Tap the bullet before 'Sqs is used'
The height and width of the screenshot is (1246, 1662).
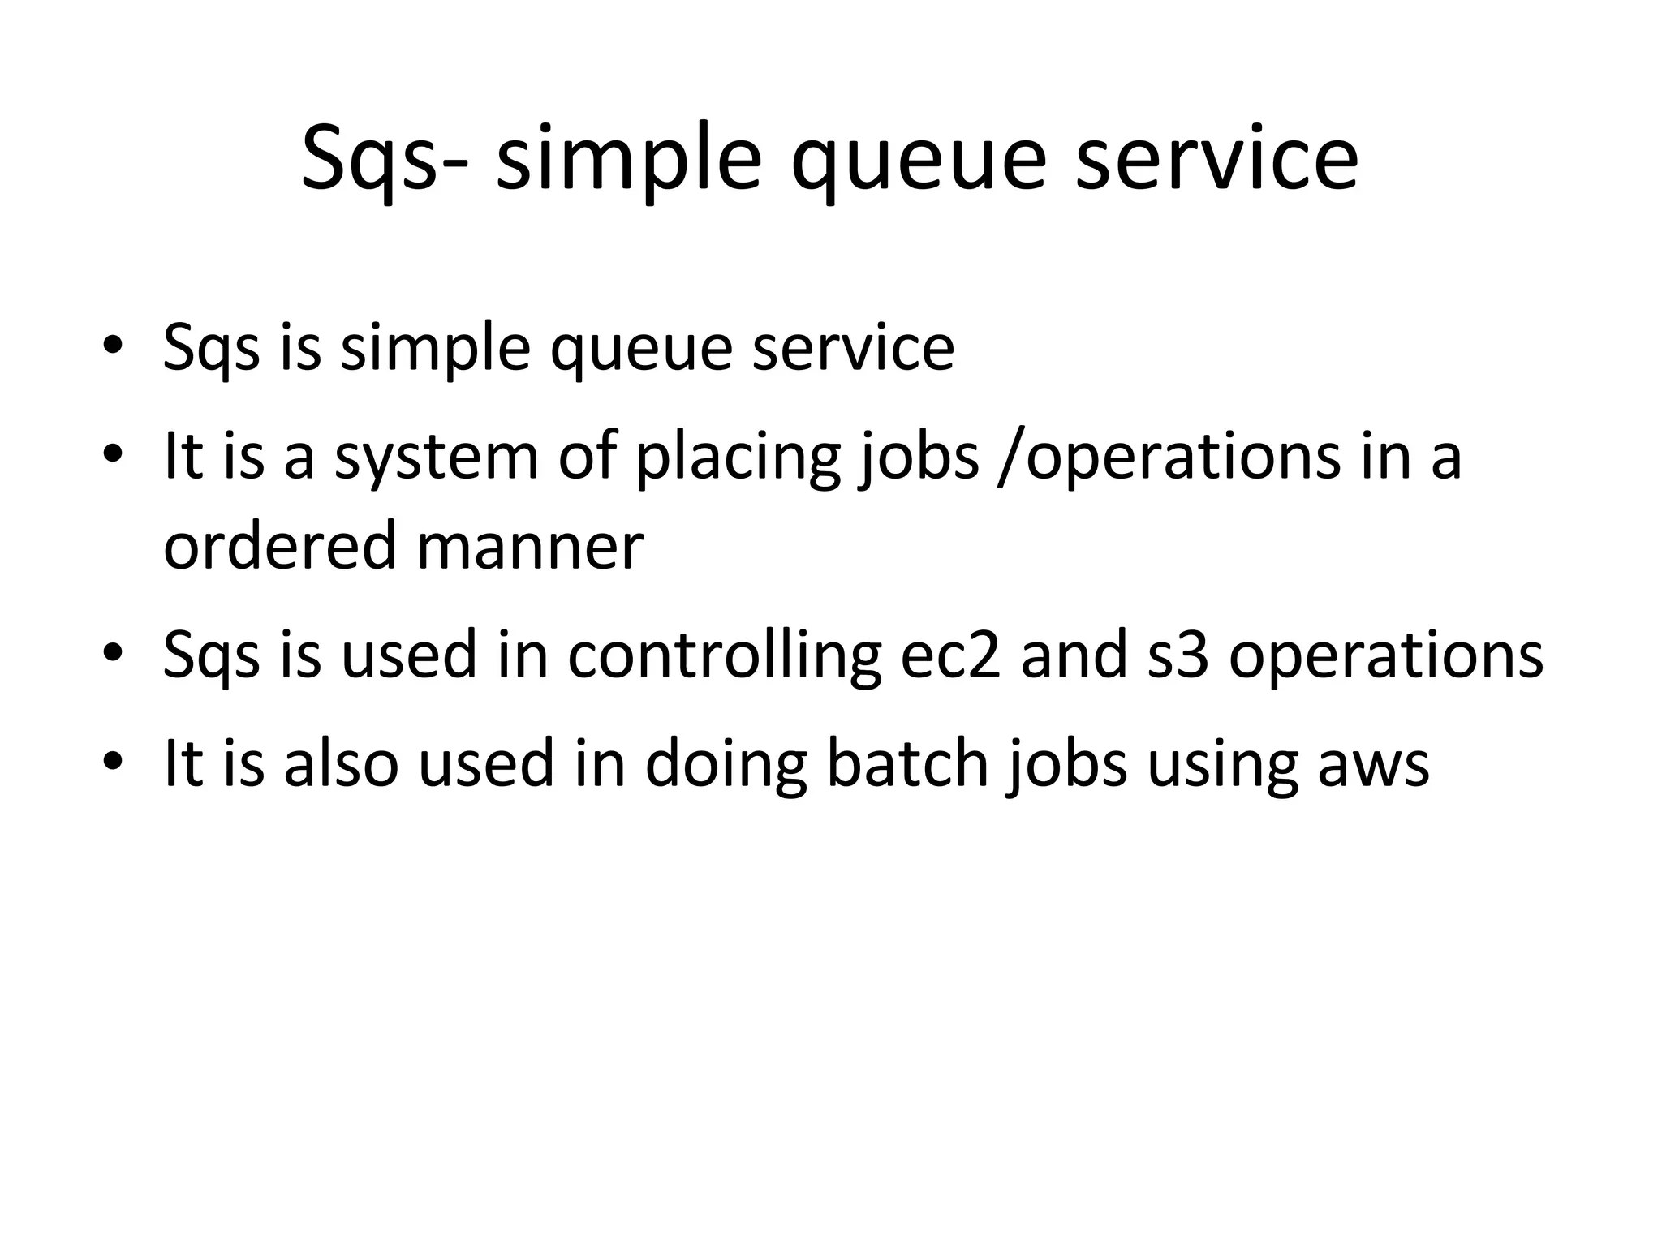coord(113,654)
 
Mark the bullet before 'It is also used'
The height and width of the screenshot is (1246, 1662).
coord(113,762)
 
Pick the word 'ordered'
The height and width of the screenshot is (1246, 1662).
coord(278,545)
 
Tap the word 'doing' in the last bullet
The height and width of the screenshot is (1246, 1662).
coord(726,764)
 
